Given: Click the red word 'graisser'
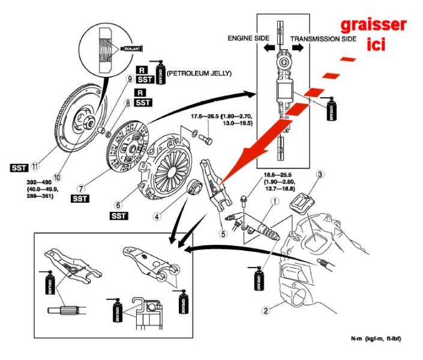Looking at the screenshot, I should point(374,25).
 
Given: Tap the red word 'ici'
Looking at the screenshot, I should point(375,44).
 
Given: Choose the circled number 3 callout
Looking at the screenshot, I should point(321,175).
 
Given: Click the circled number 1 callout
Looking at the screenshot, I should point(275,202).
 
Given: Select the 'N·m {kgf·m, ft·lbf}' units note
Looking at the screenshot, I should point(375,340).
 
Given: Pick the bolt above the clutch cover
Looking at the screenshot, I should point(207,139).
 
